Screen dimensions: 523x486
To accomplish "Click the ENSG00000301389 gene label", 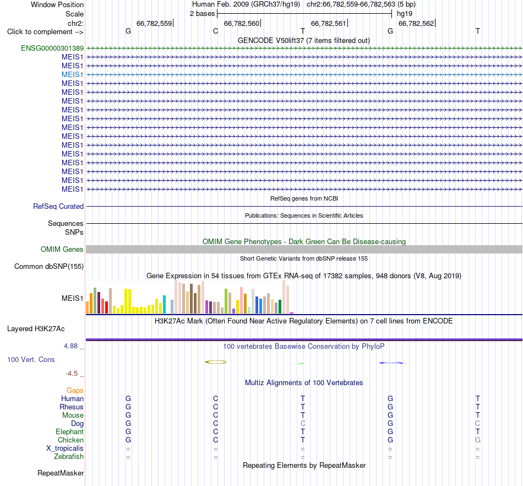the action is pyautogui.click(x=52, y=48).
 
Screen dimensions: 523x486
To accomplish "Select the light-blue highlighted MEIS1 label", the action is pyautogui.click(x=72, y=75).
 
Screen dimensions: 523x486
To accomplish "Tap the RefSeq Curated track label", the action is pyautogui.click(x=58, y=206).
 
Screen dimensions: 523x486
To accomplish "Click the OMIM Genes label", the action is pyautogui.click(x=62, y=250).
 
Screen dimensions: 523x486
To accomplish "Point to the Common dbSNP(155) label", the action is pyautogui.click(x=49, y=266).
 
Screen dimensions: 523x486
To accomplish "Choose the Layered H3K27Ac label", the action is pyautogui.click(x=36, y=329).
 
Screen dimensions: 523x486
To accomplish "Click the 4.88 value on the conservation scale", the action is pyautogui.click(x=70, y=346).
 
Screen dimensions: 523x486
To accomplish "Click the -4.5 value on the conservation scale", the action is pyautogui.click(x=72, y=374).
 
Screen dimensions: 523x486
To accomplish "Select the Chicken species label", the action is pyautogui.click(x=70, y=440).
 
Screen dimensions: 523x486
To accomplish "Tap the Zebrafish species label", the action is pyautogui.click(x=69, y=457).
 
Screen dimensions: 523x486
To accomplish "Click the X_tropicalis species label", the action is pyautogui.click(x=65, y=449).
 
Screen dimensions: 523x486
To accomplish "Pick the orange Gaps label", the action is pyautogui.click(x=75, y=391).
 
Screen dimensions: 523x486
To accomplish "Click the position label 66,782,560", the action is pyautogui.click(x=242, y=23).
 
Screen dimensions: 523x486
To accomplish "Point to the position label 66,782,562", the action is pyautogui.click(x=416, y=23).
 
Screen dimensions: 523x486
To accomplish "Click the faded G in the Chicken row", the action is pyautogui.click(x=478, y=440).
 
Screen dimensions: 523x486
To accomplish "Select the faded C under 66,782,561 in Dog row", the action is pyautogui.click(x=303, y=424).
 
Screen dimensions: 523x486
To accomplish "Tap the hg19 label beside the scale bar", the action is pyautogui.click(x=405, y=14).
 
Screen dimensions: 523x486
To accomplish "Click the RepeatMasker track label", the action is pyautogui.click(x=61, y=473).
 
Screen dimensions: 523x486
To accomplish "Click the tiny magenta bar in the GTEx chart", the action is pyautogui.click(x=292, y=313).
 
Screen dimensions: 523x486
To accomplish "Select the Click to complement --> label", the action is pyautogui.click(x=45, y=32).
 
